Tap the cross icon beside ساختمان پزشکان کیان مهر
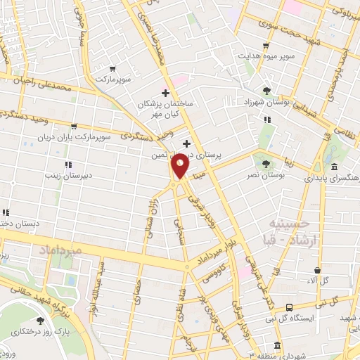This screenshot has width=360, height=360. click(165, 93)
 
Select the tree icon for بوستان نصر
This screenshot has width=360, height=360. click(266, 164)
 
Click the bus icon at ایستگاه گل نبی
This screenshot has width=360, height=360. click(290, 307)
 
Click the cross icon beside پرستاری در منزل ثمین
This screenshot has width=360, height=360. click(186, 143)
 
